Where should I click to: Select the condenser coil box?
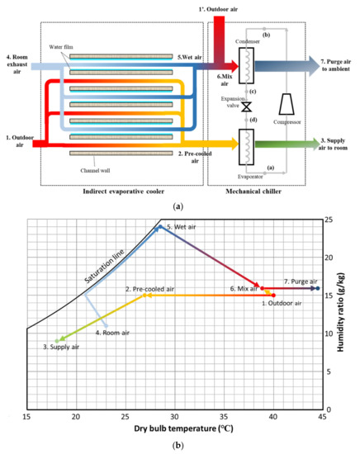pos(245,62)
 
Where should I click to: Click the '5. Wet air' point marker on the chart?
pos(159,227)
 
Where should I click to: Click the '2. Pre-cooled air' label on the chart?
pos(150,288)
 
